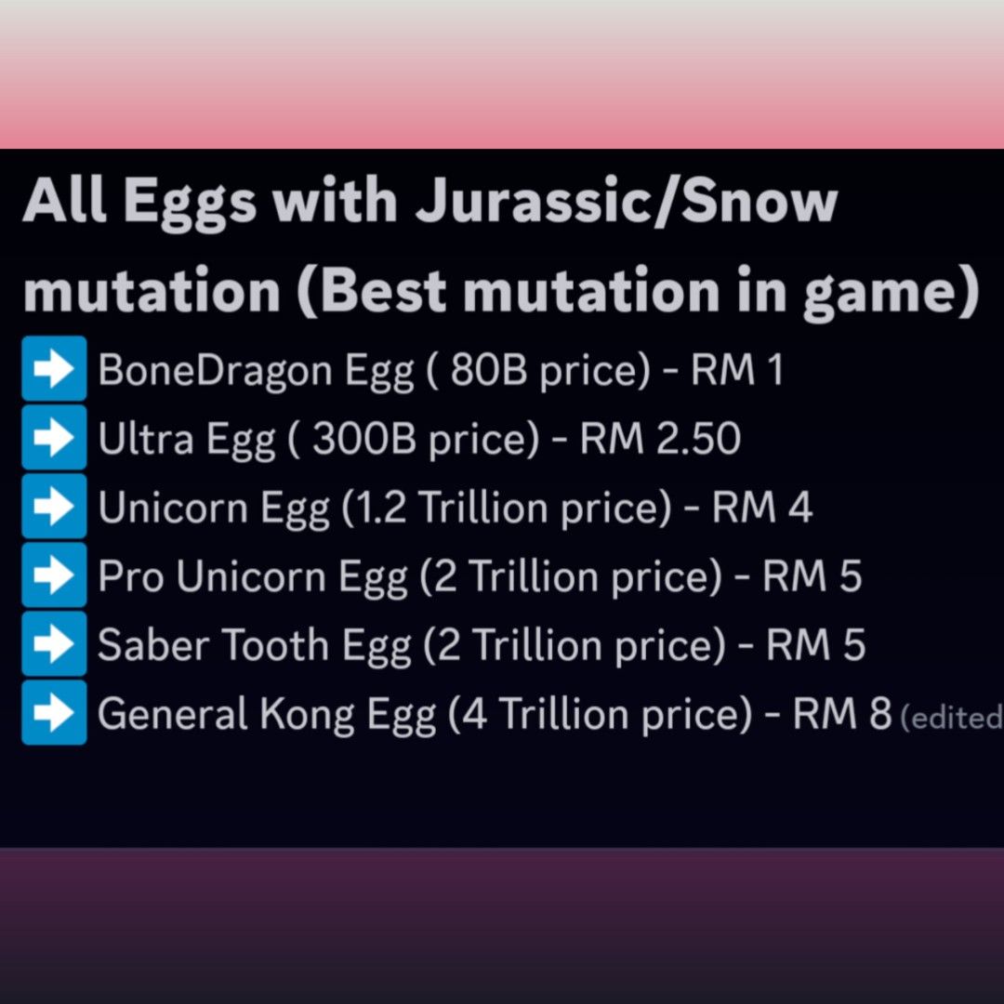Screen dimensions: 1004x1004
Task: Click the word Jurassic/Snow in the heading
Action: [626, 203]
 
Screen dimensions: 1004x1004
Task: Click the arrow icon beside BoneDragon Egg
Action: [54, 371]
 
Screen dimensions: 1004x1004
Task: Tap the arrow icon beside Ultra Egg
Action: [54, 439]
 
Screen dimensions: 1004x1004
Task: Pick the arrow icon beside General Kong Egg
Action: [54, 713]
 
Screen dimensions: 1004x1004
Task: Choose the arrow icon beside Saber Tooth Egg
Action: [54, 644]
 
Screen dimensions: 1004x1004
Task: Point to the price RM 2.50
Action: [660, 439]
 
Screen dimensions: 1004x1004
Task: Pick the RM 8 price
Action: [841, 713]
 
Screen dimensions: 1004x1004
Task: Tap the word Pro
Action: [130, 576]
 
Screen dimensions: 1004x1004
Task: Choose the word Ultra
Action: [145, 439]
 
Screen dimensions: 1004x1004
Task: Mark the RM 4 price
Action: [761, 508]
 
